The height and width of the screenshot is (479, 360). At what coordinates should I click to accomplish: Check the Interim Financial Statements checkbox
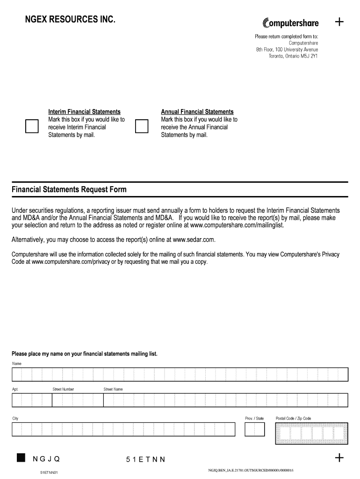[x=32, y=127]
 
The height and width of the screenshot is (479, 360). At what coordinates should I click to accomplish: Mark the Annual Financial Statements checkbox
[x=141, y=127]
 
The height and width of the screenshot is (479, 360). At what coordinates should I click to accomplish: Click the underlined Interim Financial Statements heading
[x=84, y=112]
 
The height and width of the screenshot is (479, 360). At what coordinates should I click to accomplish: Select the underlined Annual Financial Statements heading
[x=197, y=112]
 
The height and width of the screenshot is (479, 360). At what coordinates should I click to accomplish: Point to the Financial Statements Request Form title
[x=69, y=190]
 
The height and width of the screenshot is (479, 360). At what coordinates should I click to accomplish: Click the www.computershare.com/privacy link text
[x=69, y=261]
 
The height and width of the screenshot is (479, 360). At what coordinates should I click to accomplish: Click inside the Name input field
[x=180, y=375]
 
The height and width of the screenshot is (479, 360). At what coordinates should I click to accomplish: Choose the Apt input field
[x=32, y=400]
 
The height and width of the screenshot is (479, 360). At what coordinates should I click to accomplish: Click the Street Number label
[x=63, y=389]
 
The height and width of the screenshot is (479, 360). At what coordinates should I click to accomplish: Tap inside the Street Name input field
[x=225, y=400]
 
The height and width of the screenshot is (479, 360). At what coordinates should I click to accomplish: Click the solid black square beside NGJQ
[x=21, y=457]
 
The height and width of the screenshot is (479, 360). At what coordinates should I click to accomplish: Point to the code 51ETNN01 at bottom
[x=49, y=472]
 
